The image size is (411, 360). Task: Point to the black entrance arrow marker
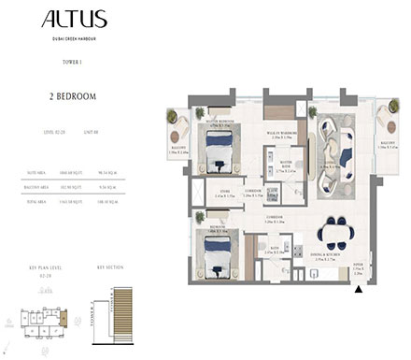360,291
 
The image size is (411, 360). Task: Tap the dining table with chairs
335,231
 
